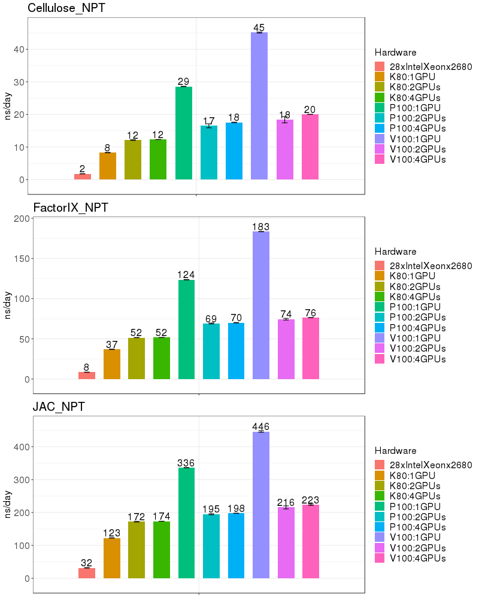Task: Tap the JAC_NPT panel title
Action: (59, 407)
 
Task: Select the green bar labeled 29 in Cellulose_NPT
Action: (184, 133)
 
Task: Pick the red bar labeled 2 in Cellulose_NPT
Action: (83, 176)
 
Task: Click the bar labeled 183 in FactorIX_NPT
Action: (261, 305)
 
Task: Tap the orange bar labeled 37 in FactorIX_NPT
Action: (112, 364)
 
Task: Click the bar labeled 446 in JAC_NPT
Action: (261, 505)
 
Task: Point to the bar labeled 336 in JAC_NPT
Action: (186, 523)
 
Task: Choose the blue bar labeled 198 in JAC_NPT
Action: (236, 545)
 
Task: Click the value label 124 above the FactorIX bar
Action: (186, 274)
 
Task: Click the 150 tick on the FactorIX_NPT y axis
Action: (19, 258)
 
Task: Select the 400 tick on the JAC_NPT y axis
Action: (19, 447)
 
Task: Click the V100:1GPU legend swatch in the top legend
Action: (380, 139)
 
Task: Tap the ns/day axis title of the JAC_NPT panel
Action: (8, 505)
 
